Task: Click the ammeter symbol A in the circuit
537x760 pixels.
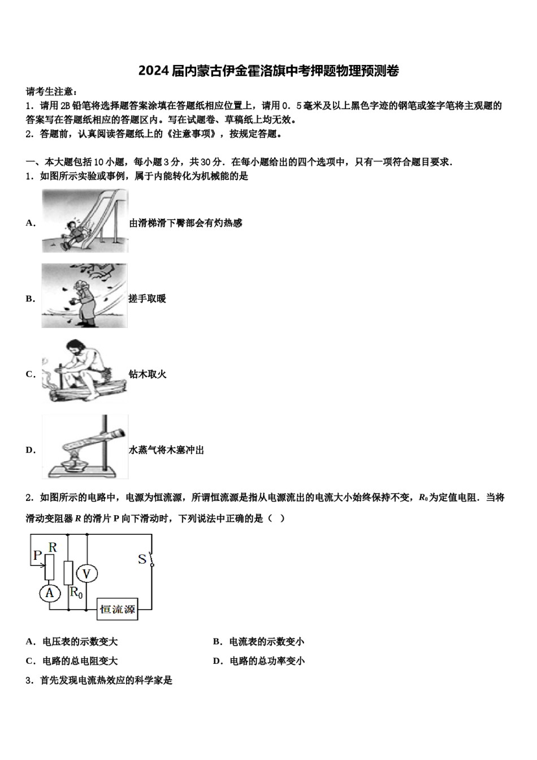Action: pos(50,593)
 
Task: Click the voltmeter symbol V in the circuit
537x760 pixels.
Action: pos(86,574)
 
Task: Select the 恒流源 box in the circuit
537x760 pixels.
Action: pos(118,609)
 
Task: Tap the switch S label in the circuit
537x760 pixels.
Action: pos(142,559)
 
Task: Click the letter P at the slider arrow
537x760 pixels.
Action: pos(37,555)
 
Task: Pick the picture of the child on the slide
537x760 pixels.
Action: pos(85,221)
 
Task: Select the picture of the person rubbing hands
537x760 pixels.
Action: pos(84,296)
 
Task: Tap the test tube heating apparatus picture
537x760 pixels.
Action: pos(85,447)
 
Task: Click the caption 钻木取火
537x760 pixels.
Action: pos(148,374)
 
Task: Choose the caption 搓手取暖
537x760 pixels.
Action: pos(147,299)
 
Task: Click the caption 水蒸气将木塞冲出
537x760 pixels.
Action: pos(166,450)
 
